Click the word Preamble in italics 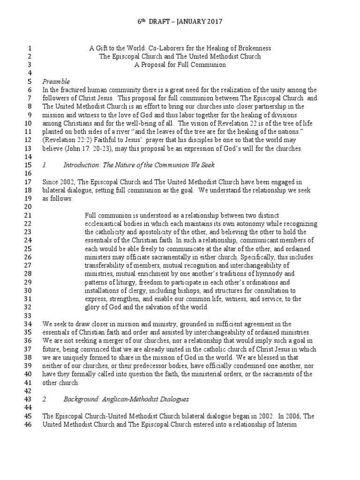(56, 81)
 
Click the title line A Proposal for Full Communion (180, 65)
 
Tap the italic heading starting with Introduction (139, 165)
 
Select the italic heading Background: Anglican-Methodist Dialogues (126, 399)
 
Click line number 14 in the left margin (26, 157)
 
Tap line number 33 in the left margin (26, 316)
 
